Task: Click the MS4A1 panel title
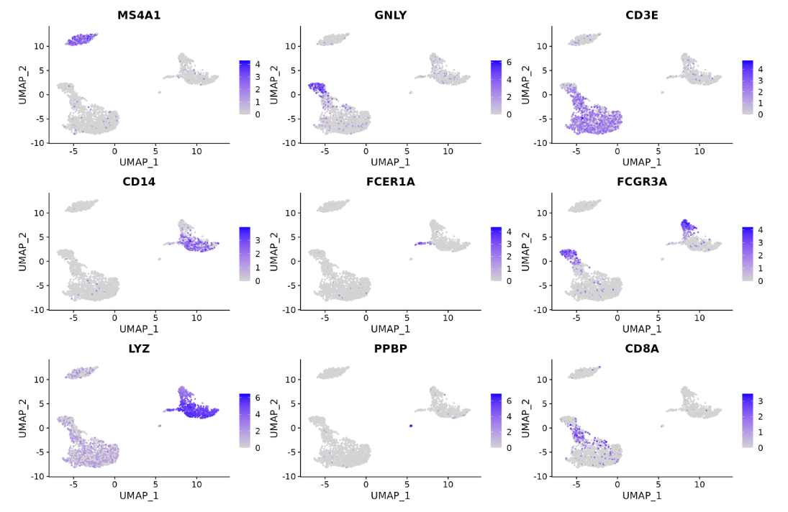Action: pos(139,15)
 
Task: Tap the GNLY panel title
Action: pos(390,15)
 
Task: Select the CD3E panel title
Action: pos(642,15)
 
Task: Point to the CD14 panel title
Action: pos(139,182)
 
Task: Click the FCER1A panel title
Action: pos(390,182)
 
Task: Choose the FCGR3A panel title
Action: pos(642,182)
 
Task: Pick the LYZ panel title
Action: pos(139,349)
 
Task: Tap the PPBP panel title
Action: pos(390,349)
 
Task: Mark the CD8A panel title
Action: pos(642,349)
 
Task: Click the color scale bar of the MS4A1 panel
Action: pos(245,87)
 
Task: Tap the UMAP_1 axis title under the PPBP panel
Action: pos(390,495)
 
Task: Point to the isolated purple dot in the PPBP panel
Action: pos(410,426)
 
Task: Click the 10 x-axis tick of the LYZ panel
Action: pos(196,485)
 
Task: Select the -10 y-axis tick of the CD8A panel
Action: pos(540,476)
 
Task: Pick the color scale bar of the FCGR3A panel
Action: pos(748,254)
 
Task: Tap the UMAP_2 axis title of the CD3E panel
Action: pos(526,84)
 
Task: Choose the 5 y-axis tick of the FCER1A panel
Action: pos(293,237)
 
